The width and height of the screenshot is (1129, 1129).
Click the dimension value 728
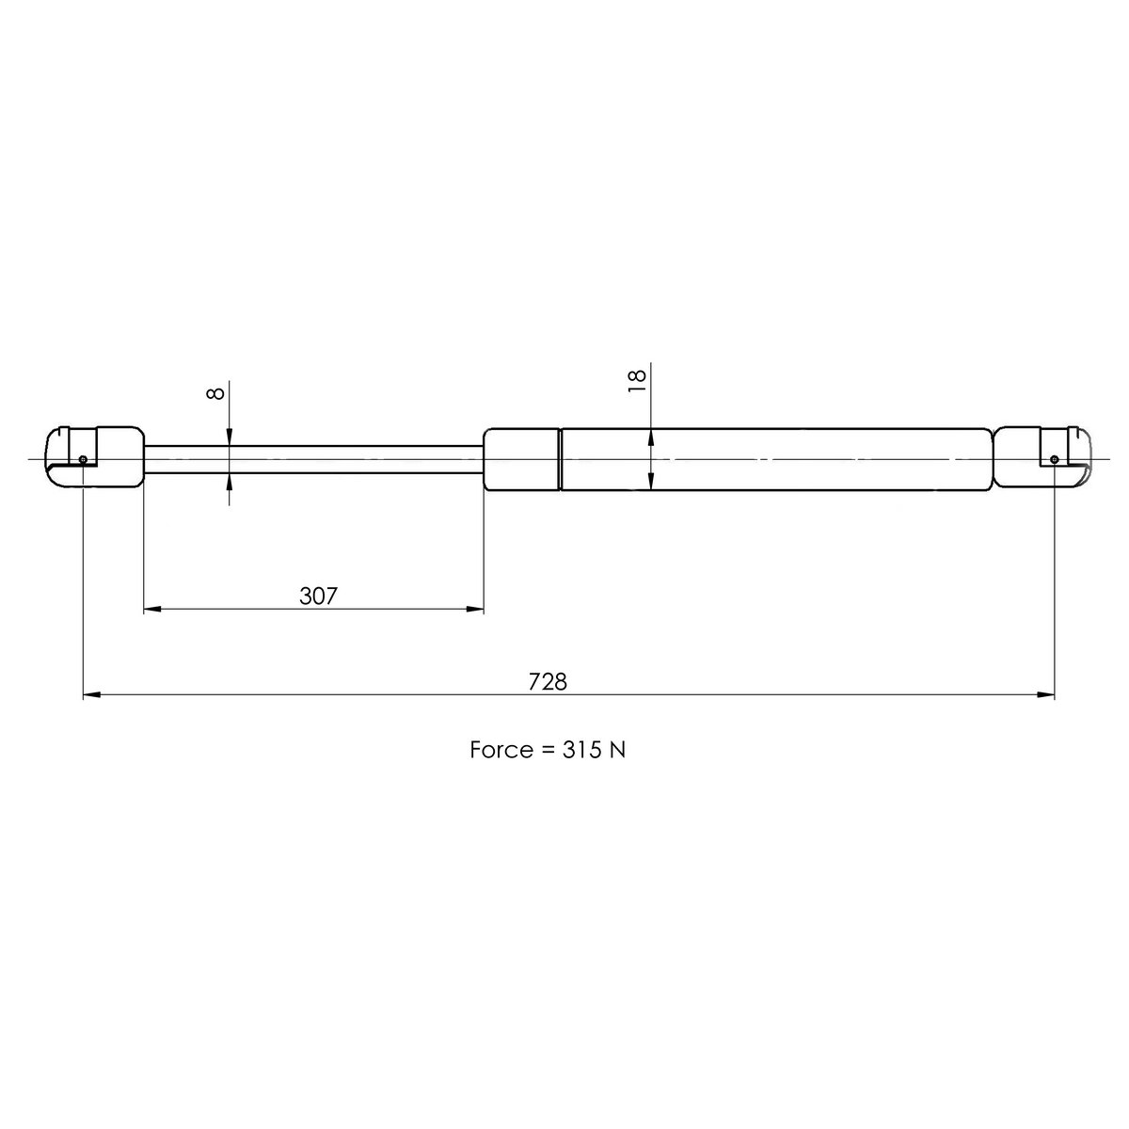pyautogui.click(x=548, y=681)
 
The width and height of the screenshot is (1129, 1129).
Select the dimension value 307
pyautogui.click(x=318, y=596)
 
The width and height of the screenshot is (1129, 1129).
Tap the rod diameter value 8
pyautogui.click(x=216, y=390)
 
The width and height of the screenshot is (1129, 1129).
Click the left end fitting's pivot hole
pyautogui.click(x=84, y=459)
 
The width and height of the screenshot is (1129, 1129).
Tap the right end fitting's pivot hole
pyautogui.click(x=1054, y=459)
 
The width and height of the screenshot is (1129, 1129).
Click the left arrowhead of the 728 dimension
pyautogui.click(x=91, y=696)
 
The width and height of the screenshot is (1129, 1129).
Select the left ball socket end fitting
pyautogui.click(x=94, y=456)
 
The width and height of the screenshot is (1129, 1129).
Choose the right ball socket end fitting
pyautogui.click(x=1042, y=458)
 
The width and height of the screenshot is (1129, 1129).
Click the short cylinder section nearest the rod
pyautogui.click(x=521, y=459)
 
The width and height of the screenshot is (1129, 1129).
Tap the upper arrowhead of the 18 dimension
pyautogui.click(x=651, y=437)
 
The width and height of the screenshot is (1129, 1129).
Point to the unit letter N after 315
pyautogui.click(x=619, y=750)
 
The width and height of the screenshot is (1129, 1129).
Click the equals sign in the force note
pyautogui.click(x=547, y=751)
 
